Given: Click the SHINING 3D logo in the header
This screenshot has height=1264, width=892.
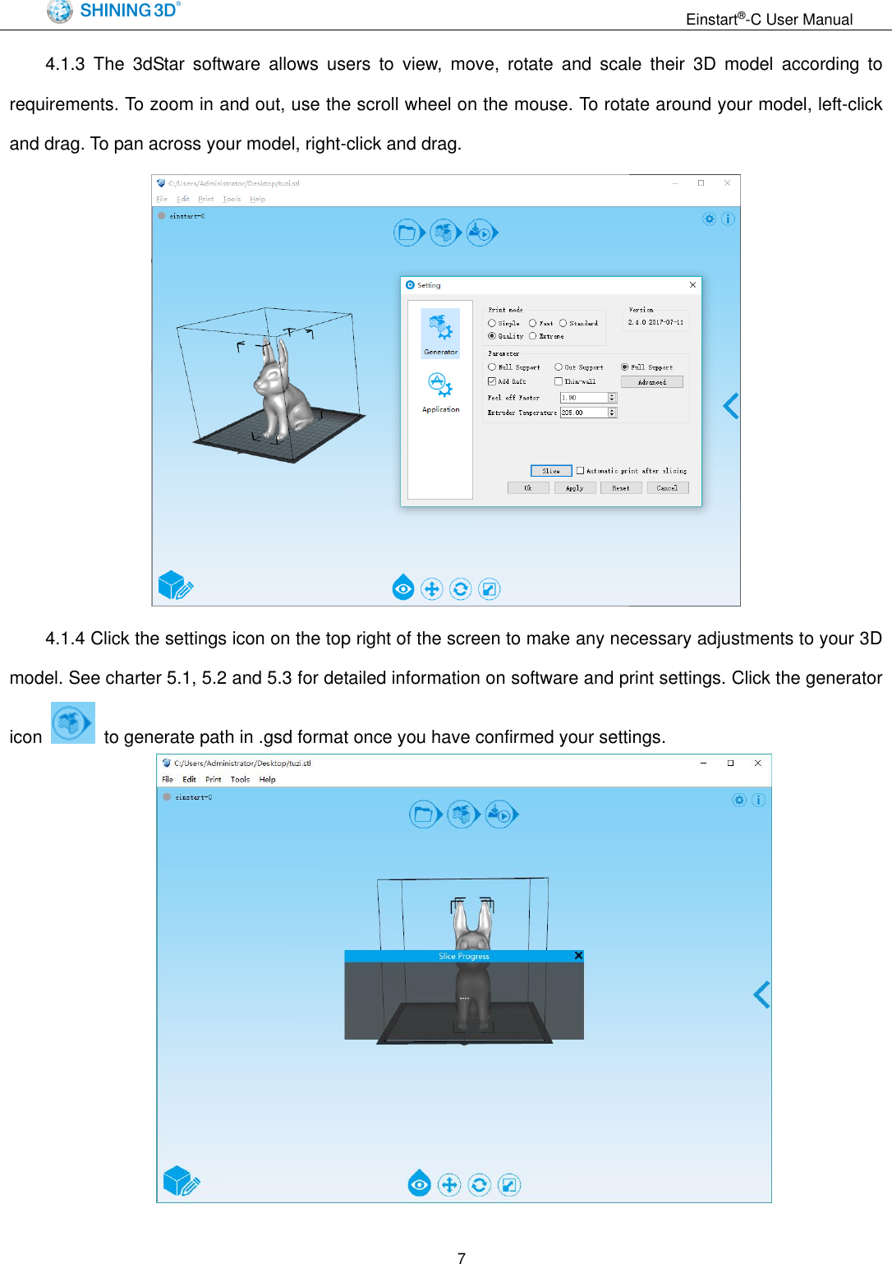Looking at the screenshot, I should coord(113,11).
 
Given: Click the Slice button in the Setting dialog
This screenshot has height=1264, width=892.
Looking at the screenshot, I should coord(550,471).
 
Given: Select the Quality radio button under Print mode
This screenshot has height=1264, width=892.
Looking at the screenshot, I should coord(492,336).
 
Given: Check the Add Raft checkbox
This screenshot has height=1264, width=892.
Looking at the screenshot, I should coord(492,381).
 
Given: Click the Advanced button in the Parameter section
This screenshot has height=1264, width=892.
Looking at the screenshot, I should coord(651,382).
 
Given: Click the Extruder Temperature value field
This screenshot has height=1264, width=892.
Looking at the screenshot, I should coord(583,413).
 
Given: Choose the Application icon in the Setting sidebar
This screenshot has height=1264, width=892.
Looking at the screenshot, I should coord(440,390).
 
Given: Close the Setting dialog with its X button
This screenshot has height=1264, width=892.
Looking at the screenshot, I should coord(692,285).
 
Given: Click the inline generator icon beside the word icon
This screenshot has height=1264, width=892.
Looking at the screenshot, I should coord(72,723).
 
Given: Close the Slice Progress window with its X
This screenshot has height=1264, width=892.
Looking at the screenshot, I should coord(578,956).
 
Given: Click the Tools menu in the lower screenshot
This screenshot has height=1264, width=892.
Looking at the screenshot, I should coord(240,779).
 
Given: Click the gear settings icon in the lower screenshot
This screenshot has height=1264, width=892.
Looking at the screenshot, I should coord(739,800).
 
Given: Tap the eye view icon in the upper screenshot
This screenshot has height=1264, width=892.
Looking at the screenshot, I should coord(403,588).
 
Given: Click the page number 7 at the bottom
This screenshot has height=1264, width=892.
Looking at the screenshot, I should coord(462,1257).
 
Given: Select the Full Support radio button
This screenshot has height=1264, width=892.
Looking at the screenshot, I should coord(624,367).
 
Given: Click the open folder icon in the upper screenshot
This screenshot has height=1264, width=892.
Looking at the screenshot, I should coord(406,233).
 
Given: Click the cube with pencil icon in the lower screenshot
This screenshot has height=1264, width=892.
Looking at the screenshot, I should coord(181,1182).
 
